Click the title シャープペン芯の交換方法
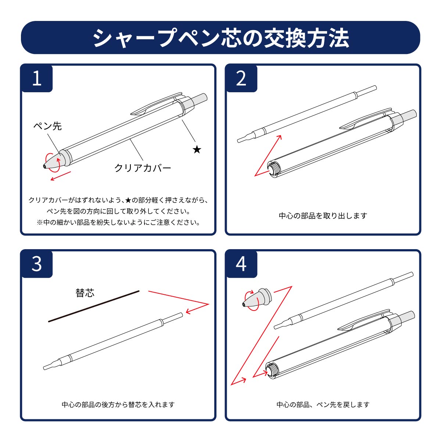tap(221, 38)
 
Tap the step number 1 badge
tap(37, 79)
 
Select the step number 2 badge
tap(241, 79)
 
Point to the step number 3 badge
tap(37, 264)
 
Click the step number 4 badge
tap(241, 264)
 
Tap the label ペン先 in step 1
tap(48, 126)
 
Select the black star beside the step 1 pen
tap(197, 150)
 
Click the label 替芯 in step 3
tap(85, 293)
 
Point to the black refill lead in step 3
tap(94, 306)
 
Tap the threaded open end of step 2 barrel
tap(274, 169)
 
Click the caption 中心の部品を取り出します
tap(323, 216)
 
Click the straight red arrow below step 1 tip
tap(61, 176)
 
